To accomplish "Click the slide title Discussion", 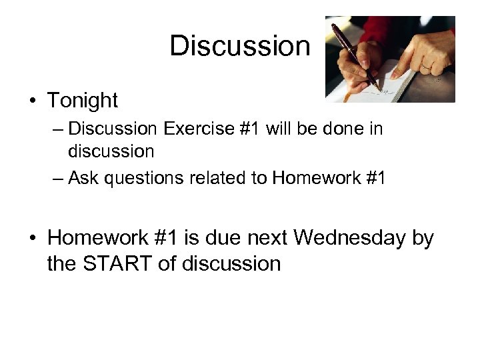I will coord(240,46).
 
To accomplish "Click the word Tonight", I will coord(82,101).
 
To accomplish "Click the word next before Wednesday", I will coord(269,237).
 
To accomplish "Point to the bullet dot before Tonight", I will coord(32,101).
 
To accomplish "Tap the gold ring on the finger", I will coord(425,67).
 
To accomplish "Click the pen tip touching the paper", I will coord(381,89).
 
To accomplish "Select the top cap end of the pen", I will coord(334,25).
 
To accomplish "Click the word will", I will coord(281,128).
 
